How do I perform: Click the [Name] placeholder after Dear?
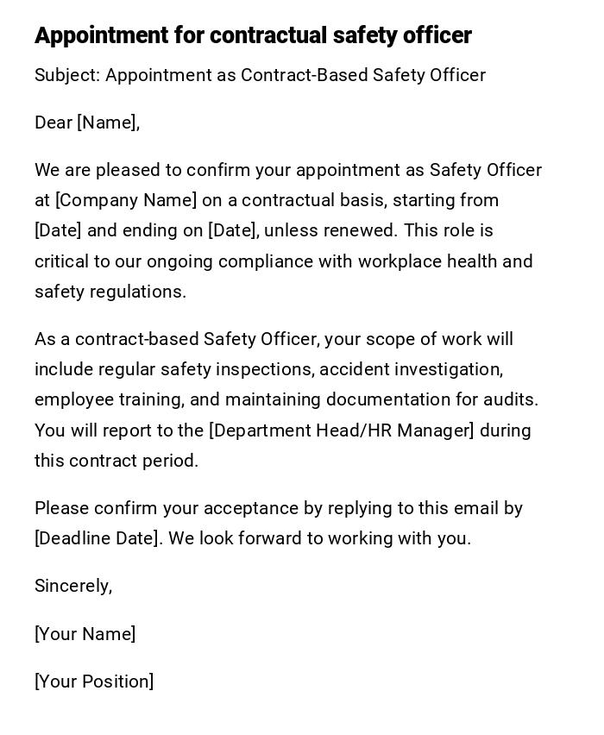point(107,122)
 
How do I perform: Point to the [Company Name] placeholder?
point(126,200)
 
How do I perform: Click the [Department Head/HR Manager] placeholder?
point(342,430)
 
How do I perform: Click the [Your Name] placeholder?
point(85,634)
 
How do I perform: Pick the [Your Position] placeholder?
point(94,682)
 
